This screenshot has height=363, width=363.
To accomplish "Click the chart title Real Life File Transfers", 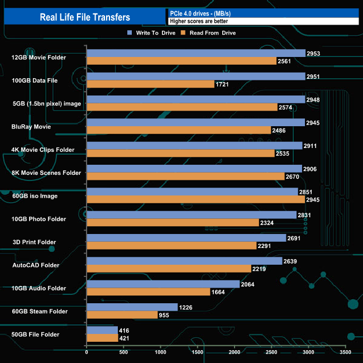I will point(85,17).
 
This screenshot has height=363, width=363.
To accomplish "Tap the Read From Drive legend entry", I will point(208,33).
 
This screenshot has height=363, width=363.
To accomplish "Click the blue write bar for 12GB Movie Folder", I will point(196,53).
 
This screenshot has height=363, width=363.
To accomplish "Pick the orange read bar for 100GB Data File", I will point(150,84).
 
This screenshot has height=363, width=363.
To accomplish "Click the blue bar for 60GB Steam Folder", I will point(132,307).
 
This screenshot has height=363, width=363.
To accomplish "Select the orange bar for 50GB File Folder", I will point(102,338).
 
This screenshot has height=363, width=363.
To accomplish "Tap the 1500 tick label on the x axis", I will point(197,352).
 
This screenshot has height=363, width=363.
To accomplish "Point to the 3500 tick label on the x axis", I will point(346,352).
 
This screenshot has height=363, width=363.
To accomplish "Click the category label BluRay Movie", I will point(31,127).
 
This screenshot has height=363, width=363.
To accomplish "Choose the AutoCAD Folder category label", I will point(35,265).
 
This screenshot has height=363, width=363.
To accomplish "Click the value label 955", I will point(165,315).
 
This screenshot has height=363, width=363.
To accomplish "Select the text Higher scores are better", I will point(199,21).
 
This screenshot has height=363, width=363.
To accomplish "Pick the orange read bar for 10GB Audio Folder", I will point(148,292).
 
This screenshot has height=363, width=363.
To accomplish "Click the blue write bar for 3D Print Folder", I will point(186,238).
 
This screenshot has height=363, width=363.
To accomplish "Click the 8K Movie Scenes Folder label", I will point(46,173).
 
